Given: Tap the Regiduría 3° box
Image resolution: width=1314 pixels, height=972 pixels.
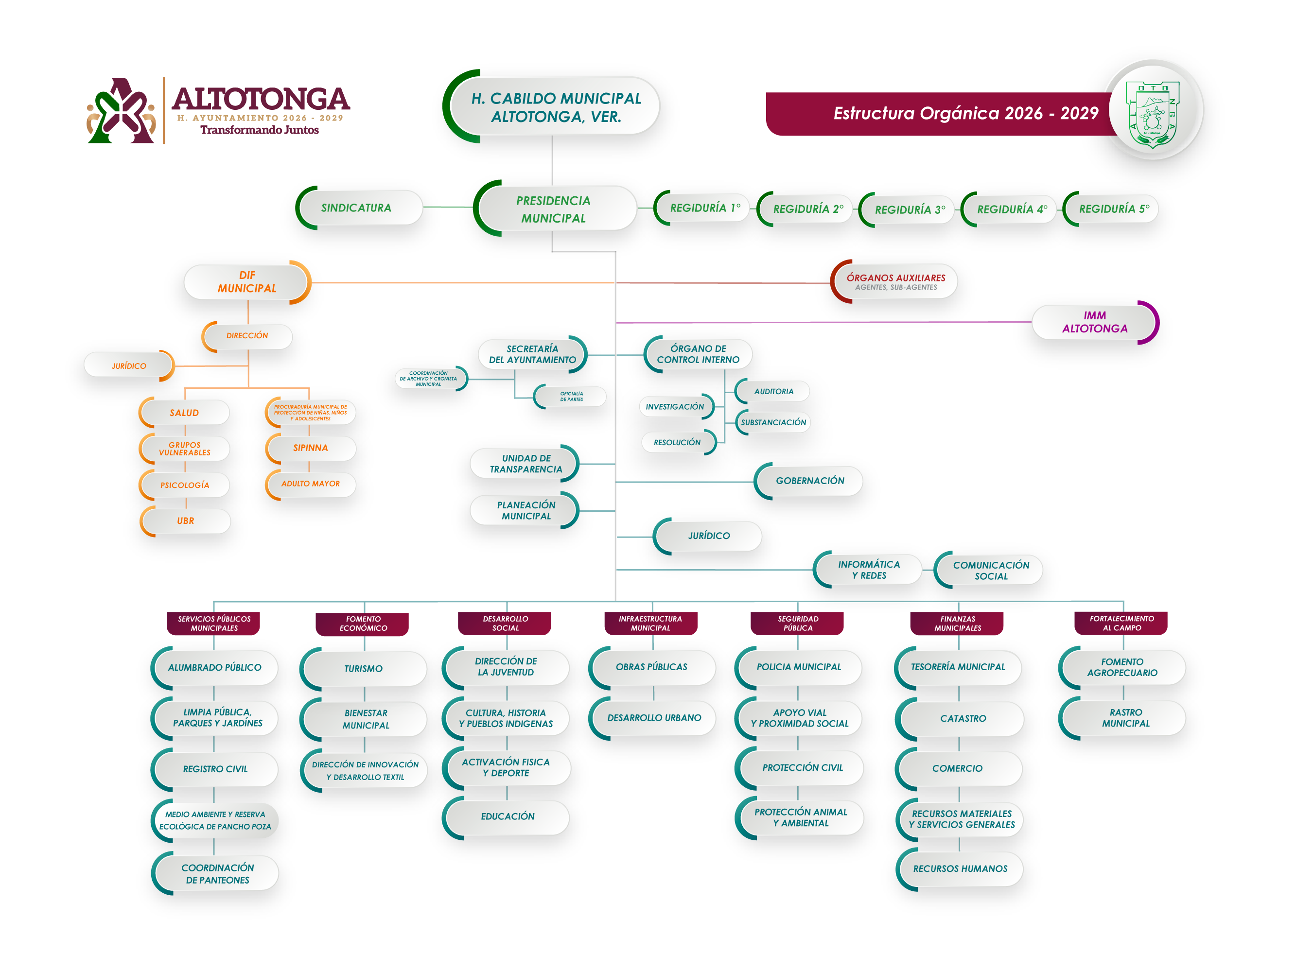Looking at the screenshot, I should point(909,209).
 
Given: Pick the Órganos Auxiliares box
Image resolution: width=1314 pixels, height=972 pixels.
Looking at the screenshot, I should point(895,281).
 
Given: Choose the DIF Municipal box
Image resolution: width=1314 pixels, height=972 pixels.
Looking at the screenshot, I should point(247,282).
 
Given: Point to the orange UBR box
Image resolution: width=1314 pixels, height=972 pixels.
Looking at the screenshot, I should point(186,521).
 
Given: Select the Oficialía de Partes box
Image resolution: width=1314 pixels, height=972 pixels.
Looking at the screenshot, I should point(571,397).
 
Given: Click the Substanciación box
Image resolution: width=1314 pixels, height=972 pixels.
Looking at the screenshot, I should point(773,422).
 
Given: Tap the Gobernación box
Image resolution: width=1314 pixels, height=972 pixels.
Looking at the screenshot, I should point(810,481).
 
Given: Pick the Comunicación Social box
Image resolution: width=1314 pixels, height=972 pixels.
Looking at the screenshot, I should point(990,570).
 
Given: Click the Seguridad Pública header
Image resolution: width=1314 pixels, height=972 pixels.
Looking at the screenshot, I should point(797,623).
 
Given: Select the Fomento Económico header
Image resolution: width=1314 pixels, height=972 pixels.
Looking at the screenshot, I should point(363,624).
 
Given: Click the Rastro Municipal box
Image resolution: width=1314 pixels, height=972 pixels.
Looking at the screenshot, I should point(1124,718).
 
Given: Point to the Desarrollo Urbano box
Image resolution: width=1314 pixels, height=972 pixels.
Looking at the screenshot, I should point(654,718).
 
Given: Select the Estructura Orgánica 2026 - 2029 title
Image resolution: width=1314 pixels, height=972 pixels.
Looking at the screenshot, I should point(965,113).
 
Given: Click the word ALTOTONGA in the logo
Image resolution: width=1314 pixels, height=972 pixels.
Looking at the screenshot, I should point(260,98).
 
